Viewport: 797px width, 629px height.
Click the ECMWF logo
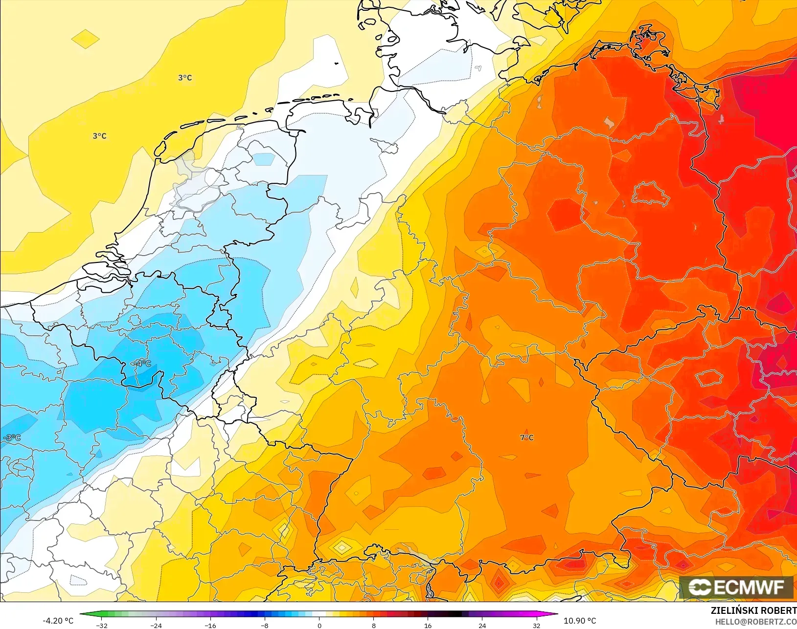pos(736,587)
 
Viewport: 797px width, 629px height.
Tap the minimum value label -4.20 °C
pos(58,621)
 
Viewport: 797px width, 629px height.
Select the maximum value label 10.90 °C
pos(580,621)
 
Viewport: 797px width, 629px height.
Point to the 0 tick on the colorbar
pos(319,625)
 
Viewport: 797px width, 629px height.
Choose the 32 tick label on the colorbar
pos(537,625)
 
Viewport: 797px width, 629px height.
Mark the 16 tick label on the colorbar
pos(428,625)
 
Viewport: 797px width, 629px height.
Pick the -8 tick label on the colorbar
pos(264,625)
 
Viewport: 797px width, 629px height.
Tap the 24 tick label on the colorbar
pos(482,625)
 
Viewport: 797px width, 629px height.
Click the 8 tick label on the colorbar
pos(373,625)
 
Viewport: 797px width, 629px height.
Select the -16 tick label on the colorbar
pos(210,625)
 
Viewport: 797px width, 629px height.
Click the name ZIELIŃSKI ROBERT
pos(753,611)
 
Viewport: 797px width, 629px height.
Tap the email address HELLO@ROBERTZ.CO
pos(756,622)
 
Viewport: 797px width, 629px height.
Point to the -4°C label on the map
pos(142,364)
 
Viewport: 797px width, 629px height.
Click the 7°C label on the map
pos(527,437)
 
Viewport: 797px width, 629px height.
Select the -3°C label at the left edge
pos(11,437)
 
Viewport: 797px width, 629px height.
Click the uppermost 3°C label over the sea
pos(185,78)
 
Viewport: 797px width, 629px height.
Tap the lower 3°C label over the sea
pos(100,136)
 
